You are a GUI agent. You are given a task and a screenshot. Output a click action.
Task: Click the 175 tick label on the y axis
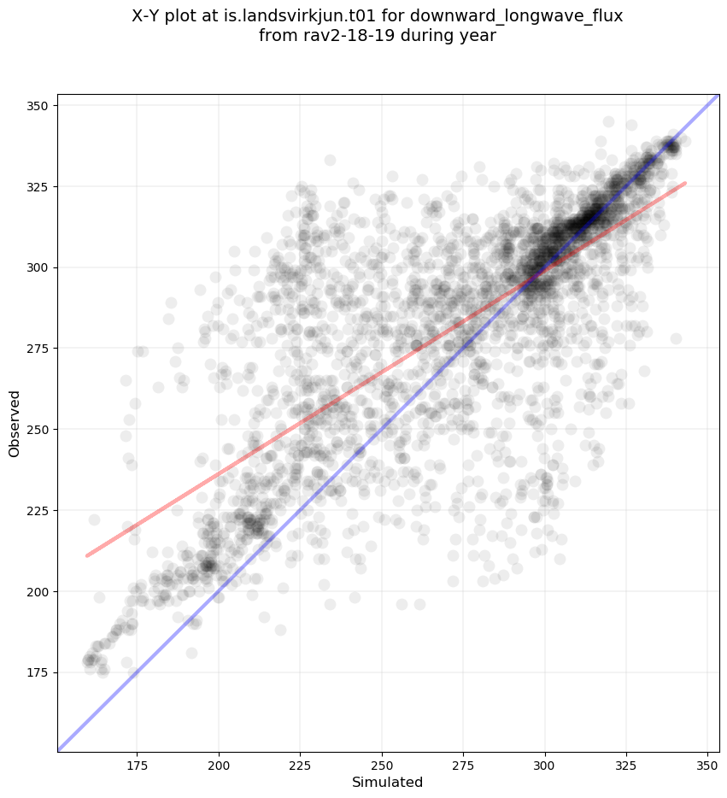[37, 672]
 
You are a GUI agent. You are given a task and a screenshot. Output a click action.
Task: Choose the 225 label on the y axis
[37, 510]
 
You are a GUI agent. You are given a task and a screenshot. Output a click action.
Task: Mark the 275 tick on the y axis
[37, 349]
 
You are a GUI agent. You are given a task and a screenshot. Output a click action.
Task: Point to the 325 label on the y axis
[37, 186]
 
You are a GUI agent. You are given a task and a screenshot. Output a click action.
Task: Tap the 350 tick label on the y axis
[37, 105]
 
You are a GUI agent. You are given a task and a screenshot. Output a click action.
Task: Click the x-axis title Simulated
[388, 782]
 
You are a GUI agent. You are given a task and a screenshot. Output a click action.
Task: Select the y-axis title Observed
[15, 424]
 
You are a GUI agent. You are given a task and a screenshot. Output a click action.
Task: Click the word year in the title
[478, 36]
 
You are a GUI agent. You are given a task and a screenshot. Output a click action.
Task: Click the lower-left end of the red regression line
[86, 556]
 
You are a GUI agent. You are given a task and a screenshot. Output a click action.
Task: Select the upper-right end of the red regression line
[685, 183]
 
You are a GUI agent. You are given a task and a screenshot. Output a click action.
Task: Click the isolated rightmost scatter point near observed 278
[676, 338]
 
